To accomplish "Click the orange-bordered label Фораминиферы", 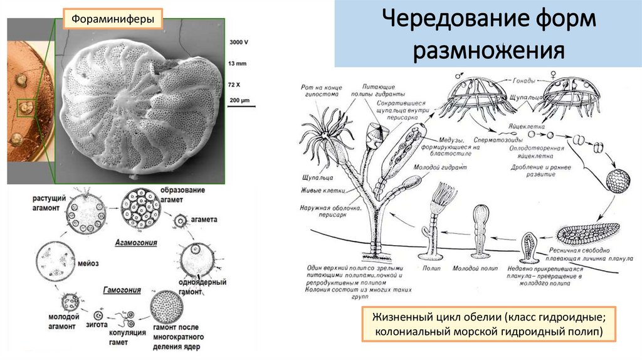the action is click(x=112, y=19).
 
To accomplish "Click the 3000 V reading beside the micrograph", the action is click(x=239, y=42).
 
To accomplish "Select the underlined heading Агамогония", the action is click(x=135, y=242).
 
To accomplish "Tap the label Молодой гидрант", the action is click(x=435, y=167).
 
